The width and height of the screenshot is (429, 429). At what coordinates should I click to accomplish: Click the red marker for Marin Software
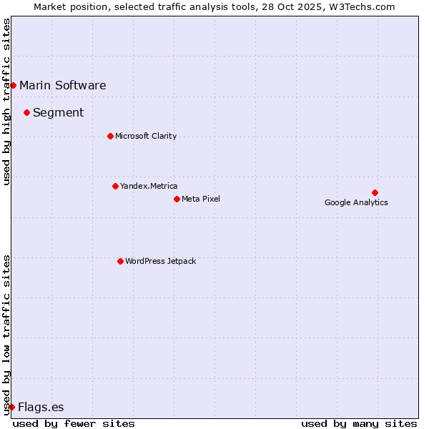point(13,86)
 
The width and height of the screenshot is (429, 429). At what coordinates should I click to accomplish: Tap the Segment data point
point(26,112)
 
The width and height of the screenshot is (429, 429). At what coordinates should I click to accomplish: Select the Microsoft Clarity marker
point(110,136)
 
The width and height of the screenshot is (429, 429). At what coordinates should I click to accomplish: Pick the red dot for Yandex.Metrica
point(115,186)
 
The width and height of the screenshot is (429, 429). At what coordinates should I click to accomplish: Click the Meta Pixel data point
point(177,199)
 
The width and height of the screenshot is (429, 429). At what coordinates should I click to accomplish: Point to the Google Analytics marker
point(375,192)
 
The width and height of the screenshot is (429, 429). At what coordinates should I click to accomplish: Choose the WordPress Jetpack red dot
point(120,261)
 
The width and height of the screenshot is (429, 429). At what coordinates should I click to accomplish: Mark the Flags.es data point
point(11,407)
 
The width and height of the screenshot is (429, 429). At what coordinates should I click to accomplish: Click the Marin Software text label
point(63,86)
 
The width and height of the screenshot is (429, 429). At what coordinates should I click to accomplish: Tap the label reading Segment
point(59,112)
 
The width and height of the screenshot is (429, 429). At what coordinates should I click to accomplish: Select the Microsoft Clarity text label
point(146,136)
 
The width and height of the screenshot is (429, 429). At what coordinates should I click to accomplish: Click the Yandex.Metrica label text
point(149,186)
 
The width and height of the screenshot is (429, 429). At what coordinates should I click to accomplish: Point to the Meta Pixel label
point(201,199)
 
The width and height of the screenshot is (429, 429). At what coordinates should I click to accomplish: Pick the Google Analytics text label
point(356,202)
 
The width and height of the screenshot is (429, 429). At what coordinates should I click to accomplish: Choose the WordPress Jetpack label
point(160,261)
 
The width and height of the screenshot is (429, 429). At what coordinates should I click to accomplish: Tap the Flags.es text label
point(41,408)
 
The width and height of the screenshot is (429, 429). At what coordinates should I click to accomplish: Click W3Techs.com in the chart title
point(364,7)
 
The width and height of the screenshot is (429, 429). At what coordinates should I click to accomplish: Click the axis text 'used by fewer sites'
point(74,423)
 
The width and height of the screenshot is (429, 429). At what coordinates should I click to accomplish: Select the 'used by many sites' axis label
point(359,423)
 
